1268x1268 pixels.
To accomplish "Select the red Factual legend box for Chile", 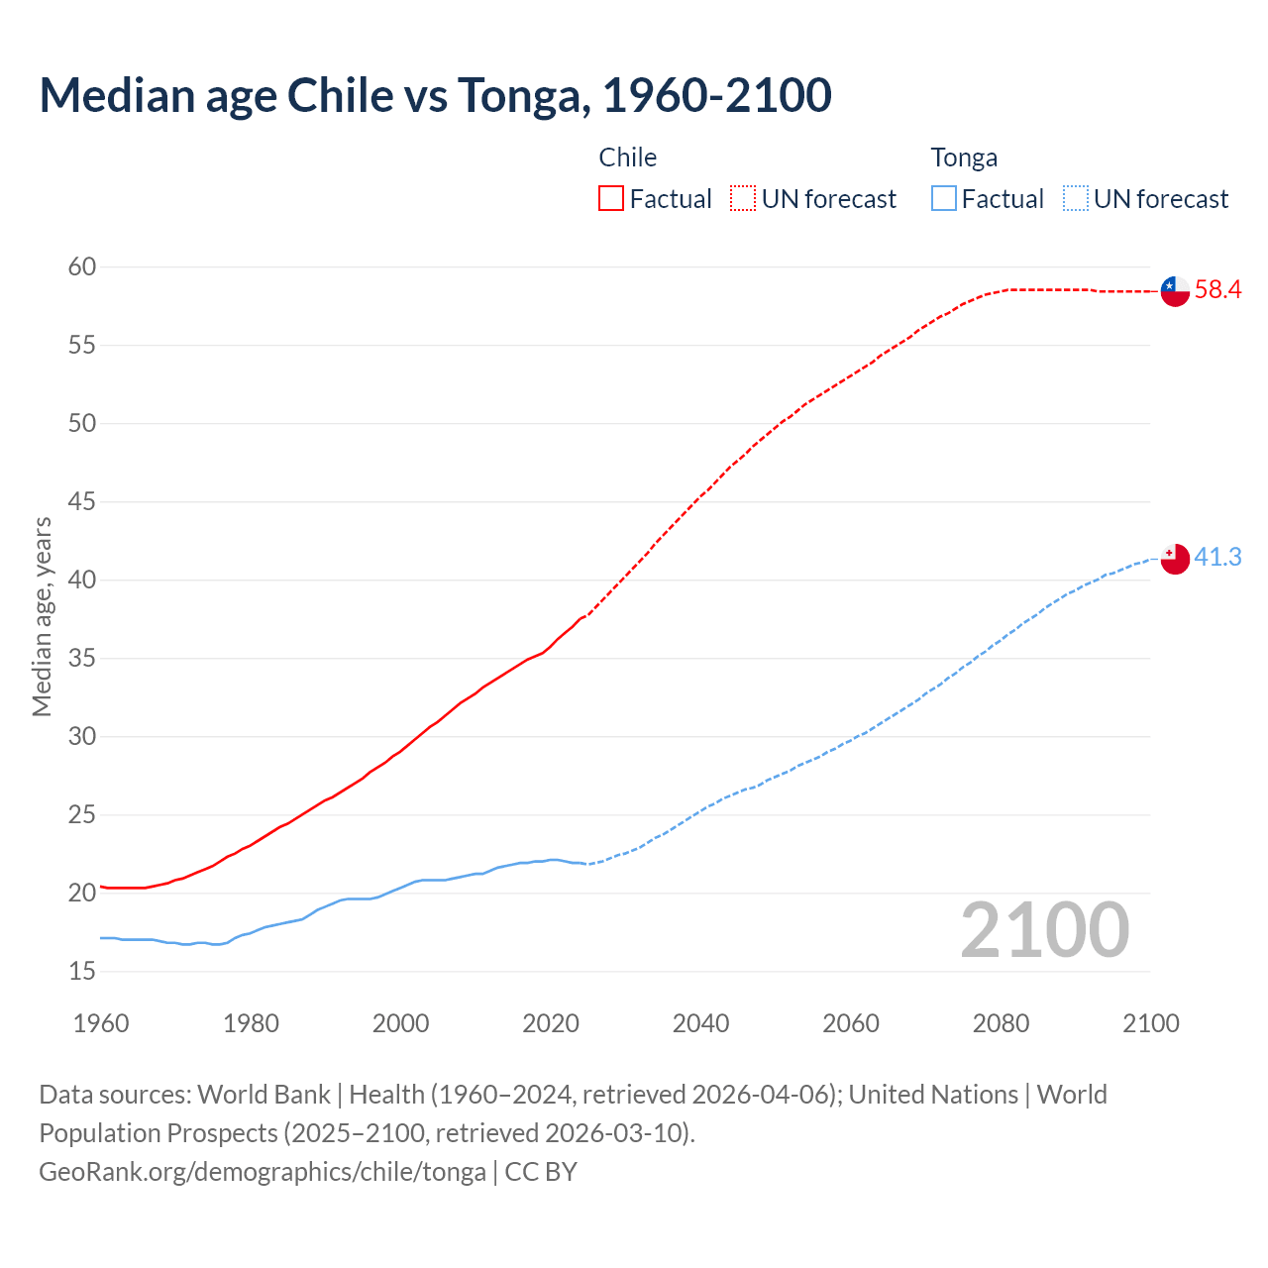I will (611, 199).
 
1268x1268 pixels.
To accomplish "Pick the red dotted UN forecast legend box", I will (743, 199).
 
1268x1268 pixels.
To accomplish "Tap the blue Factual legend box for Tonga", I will (943, 199).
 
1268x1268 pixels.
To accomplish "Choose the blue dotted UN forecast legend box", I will (1075, 199).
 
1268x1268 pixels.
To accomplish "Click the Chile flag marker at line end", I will (1175, 291).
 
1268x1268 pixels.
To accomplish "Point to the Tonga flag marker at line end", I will (1175, 559).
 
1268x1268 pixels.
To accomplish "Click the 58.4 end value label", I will (1217, 290).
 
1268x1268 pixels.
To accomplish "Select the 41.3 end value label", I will (1217, 558).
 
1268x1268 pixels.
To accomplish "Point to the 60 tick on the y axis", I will (82, 266).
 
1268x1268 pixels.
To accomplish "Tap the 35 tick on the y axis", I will (82, 658).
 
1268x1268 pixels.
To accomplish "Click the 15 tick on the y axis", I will (82, 971).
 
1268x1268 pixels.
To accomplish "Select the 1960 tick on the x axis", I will (101, 1023).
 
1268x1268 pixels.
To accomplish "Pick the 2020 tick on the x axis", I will (551, 1023).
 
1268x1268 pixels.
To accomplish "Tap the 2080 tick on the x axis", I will (1001, 1023).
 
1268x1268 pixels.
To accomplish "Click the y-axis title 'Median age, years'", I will (42, 616).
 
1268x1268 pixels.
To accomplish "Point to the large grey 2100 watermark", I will (1045, 929).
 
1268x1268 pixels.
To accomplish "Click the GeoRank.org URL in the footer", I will (263, 1171).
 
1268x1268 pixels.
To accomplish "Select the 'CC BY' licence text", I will (541, 1171).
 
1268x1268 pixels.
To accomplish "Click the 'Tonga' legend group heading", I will (964, 158).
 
